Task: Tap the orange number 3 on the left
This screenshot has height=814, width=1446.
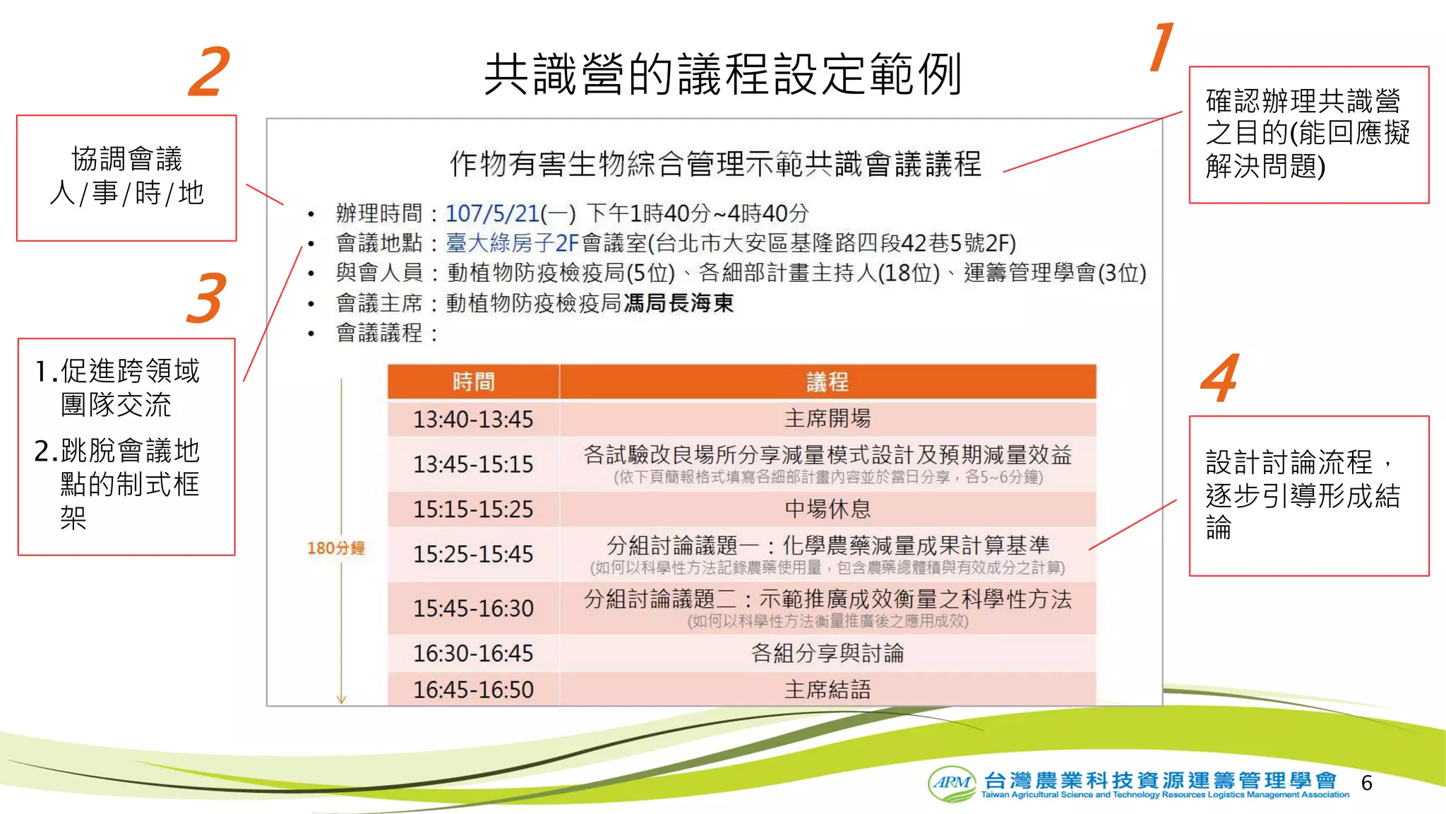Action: tap(207, 298)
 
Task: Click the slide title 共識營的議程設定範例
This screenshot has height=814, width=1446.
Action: tap(722, 73)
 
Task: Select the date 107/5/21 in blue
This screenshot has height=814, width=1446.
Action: tap(492, 213)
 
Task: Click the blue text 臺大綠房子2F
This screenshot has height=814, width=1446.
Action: tap(512, 243)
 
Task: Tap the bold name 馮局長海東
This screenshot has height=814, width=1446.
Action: tap(678, 303)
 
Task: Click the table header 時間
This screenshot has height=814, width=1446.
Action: tap(473, 382)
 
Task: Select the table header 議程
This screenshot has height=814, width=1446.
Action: tap(827, 382)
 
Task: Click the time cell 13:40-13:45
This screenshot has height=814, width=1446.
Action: tap(473, 419)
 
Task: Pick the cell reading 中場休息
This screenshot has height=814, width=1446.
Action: tap(827, 509)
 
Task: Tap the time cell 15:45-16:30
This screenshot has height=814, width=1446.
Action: tap(473, 608)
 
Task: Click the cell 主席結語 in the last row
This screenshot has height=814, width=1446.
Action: tap(827, 690)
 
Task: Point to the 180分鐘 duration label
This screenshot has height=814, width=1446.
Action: tap(336, 548)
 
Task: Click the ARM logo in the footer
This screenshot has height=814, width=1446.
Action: tap(952, 783)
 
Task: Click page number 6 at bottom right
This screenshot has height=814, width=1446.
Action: tap(1366, 783)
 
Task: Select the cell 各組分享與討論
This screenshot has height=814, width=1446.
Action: tap(827, 653)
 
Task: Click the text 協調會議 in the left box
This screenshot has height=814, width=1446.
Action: tap(127, 159)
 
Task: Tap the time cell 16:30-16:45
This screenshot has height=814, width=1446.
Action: tap(473, 653)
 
